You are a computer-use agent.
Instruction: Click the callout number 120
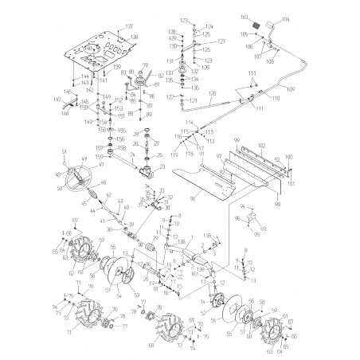213,93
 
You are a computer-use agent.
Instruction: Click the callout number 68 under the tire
151,345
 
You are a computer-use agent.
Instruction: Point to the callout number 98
276,204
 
